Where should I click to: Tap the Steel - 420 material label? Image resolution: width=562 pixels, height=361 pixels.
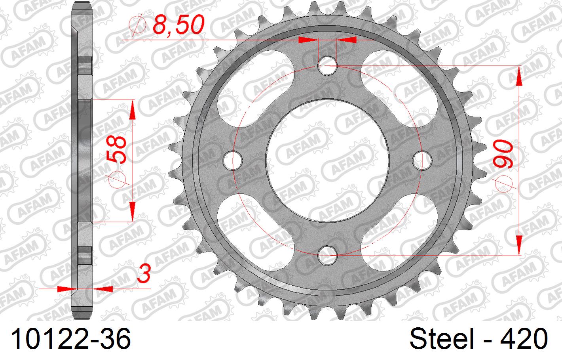pyautogui.click(x=478, y=340)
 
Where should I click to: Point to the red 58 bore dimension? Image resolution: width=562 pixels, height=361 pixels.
pyautogui.click(x=117, y=150)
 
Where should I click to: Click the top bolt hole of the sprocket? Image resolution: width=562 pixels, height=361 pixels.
pyautogui.click(x=327, y=66)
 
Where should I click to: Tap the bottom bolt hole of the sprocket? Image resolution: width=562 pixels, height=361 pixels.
pyautogui.click(x=327, y=254)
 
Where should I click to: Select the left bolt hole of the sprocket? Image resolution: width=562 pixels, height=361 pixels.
pyautogui.click(x=233, y=160)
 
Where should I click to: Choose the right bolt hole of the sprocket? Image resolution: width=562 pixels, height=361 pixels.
pyautogui.click(x=422, y=160)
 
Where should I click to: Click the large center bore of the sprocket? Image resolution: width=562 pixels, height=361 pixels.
pyautogui.click(x=327, y=160)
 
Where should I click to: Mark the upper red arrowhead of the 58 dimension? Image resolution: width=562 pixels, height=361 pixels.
pyautogui.click(x=132, y=110)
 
